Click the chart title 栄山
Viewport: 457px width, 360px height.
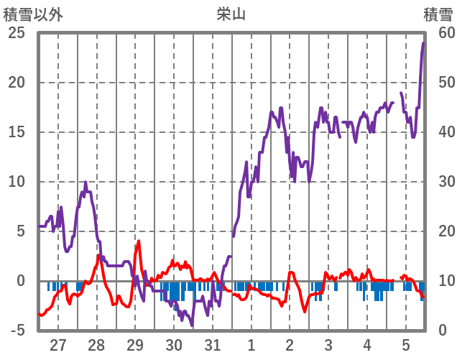[231, 14]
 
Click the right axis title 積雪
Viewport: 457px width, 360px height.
[438, 14]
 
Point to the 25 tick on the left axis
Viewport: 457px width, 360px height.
[16, 32]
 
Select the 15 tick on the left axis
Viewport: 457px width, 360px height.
[16, 131]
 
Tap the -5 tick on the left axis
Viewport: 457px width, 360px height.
[16, 331]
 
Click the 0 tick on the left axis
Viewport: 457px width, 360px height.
[22, 281]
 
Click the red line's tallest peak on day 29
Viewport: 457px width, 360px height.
[139, 241]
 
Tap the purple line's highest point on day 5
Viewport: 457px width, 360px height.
[423, 43]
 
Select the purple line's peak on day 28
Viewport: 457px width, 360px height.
[86, 183]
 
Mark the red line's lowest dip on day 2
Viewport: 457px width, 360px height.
[305, 311]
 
